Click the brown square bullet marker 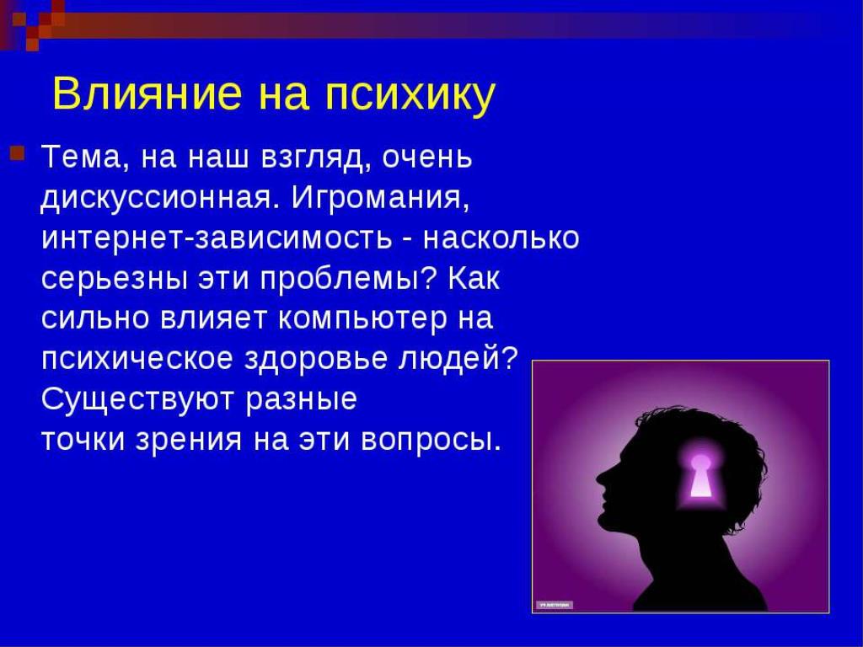pyautogui.click(x=17, y=152)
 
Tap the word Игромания pyautogui.click(x=380, y=198)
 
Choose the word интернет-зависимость pyautogui.click(x=217, y=238)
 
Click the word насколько pyautogui.click(x=501, y=238)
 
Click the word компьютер pyautogui.click(x=362, y=319)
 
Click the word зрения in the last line pyautogui.click(x=189, y=440)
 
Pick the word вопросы pyautogui.click(x=431, y=440)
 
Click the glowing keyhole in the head pyautogui.click(x=700, y=476)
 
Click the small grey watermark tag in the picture pyautogui.click(x=555, y=605)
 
